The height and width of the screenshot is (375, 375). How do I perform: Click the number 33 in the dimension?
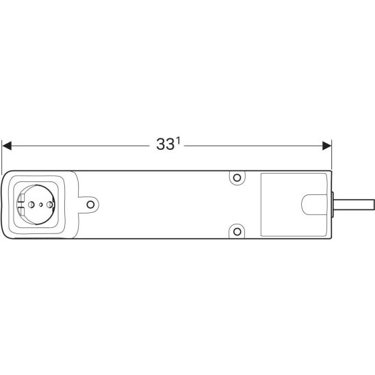[x=165, y=144]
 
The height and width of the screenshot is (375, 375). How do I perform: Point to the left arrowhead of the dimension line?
[x=7, y=146]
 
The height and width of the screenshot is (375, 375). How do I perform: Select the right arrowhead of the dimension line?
[x=326, y=146]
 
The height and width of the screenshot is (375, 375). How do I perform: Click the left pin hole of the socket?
[x=31, y=205]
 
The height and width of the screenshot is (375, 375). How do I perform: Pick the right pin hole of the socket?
[x=49, y=205]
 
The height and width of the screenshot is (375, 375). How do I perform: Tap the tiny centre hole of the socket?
[x=40, y=205]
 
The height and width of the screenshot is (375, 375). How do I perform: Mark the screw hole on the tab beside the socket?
[x=90, y=205]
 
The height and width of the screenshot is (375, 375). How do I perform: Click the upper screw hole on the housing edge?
[x=237, y=178]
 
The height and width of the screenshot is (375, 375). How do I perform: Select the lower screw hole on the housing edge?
[x=237, y=231]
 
